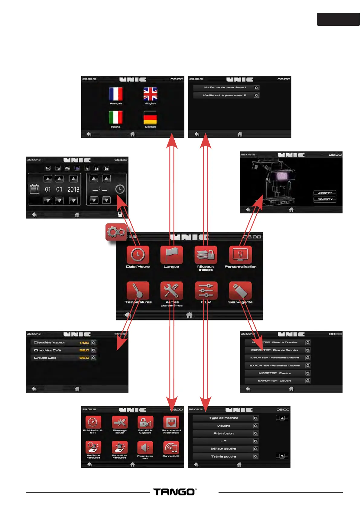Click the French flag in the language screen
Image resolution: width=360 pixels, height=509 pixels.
click(116, 94)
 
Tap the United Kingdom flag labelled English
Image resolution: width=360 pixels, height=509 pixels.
click(150, 94)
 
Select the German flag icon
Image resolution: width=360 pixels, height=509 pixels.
click(150, 118)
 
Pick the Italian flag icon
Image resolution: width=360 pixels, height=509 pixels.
click(116, 118)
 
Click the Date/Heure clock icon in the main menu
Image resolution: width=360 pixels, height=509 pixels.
click(138, 255)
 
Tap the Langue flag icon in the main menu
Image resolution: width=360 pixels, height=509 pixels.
click(171, 255)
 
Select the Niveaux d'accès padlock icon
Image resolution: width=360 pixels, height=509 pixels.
click(206, 255)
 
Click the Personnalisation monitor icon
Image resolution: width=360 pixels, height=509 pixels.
click(240, 255)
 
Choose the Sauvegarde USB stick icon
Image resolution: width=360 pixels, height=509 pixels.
click(240, 290)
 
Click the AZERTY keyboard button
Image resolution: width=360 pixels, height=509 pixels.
click(325, 193)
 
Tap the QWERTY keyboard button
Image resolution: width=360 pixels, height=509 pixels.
click(325, 199)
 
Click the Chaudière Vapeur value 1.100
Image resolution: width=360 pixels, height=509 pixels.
click(84, 343)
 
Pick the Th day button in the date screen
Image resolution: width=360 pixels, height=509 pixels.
click(77, 168)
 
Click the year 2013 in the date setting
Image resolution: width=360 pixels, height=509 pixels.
click(73, 190)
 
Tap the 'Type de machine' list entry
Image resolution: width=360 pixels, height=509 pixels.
click(223, 418)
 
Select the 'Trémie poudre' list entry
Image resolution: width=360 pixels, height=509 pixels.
click(223, 456)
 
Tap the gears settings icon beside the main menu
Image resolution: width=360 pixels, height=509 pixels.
click(116, 232)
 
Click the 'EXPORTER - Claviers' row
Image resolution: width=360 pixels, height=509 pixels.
click(274, 381)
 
